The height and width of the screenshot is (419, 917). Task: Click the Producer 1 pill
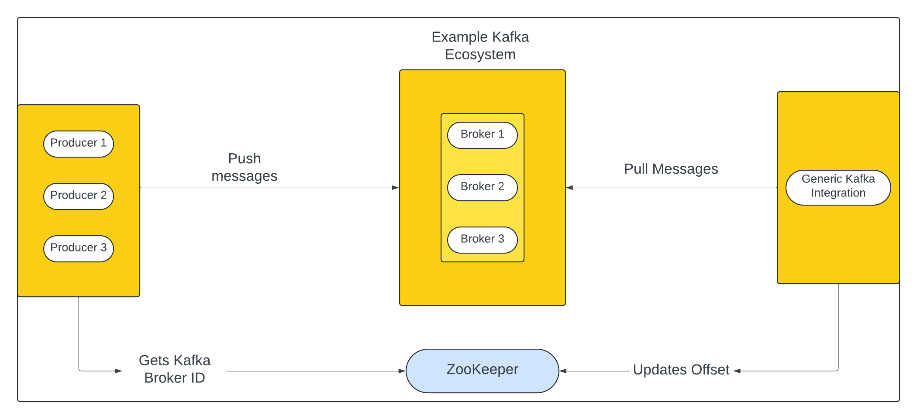pyautogui.click(x=79, y=144)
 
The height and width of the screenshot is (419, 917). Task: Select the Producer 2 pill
pyautogui.click(x=79, y=196)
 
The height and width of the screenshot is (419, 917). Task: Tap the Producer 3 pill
pyautogui.click(x=79, y=248)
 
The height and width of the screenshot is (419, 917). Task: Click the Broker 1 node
pyautogui.click(x=482, y=135)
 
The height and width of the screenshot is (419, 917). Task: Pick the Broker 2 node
pyautogui.click(x=482, y=187)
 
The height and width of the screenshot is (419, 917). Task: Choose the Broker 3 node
pyautogui.click(x=482, y=240)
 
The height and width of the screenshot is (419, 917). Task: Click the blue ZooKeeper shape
pyautogui.click(x=482, y=371)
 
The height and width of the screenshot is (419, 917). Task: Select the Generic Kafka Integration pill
pyautogui.click(x=838, y=187)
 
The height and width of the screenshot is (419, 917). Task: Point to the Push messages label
pyautogui.click(x=244, y=167)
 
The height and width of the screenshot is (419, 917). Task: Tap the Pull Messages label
pyautogui.click(x=671, y=169)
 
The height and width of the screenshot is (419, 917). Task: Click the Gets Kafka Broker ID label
pyautogui.click(x=174, y=369)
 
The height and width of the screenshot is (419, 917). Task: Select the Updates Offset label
pyautogui.click(x=681, y=370)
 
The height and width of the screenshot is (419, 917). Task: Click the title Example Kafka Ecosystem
pyautogui.click(x=480, y=46)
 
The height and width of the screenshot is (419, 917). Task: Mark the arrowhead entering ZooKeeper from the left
pyautogui.click(x=402, y=371)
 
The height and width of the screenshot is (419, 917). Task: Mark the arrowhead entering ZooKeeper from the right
pyautogui.click(x=563, y=371)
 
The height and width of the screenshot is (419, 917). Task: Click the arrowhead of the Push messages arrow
pyautogui.click(x=396, y=188)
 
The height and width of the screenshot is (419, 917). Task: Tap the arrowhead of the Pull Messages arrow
pyautogui.click(x=569, y=188)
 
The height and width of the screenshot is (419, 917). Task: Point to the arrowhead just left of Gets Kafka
pyautogui.click(x=119, y=371)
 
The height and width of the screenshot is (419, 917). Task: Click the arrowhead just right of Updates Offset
pyautogui.click(x=737, y=371)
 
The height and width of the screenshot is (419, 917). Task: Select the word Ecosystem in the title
pyautogui.click(x=480, y=55)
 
